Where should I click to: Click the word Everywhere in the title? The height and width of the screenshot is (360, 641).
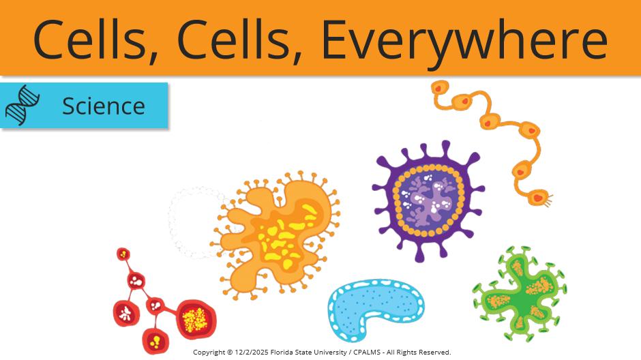point(464,40)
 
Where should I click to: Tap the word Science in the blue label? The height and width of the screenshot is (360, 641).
point(104,106)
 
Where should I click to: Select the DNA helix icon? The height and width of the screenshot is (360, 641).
point(23,105)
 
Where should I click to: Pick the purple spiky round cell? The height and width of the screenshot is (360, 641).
point(428,200)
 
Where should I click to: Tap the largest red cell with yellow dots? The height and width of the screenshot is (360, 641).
point(196,320)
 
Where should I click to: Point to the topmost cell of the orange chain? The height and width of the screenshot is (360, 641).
point(439,88)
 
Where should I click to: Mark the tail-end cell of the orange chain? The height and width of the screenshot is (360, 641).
point(539,198)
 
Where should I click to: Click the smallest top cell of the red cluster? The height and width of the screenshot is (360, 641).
point(123,254)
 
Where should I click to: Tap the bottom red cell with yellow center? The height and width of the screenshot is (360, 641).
point(155,340)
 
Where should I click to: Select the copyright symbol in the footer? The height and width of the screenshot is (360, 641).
point(230,352)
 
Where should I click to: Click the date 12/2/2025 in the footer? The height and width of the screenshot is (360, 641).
point(252,352)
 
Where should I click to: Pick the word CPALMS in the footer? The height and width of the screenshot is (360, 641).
point(367,352)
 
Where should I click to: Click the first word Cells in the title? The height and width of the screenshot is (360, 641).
point(95,40)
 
